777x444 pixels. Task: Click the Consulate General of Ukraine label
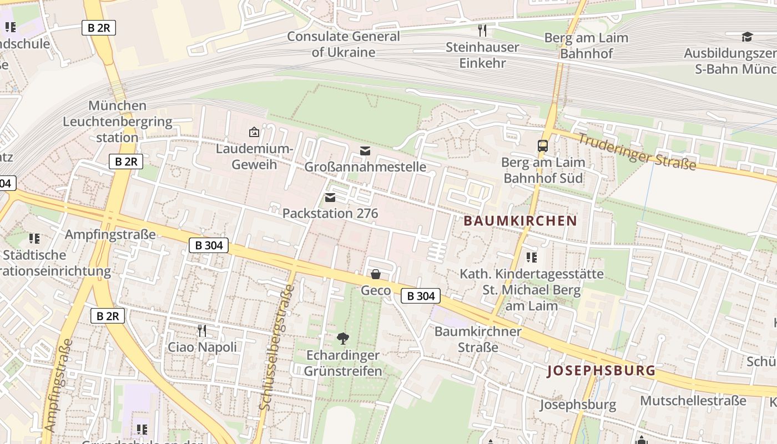pos(343,44)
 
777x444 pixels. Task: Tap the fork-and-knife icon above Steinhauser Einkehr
pos(482,31)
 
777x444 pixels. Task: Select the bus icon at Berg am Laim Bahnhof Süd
pos(543,146)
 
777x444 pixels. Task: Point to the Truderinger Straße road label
pos(637,152)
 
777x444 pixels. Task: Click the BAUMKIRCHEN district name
pos(520,220)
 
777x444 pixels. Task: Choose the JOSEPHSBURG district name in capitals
pos(601,371)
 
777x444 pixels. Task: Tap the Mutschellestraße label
pos(693,400)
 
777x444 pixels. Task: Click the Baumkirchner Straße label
pos(478,339)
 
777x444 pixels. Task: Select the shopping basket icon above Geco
pos(376,274)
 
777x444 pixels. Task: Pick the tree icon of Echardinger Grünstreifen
pos(343,338)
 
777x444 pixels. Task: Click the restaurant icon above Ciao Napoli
pos(202,331)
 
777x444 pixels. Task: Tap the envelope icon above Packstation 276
pos(330,198)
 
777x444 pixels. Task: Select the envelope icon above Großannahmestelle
pos(365,151)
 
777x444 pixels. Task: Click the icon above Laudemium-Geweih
pos(254,132)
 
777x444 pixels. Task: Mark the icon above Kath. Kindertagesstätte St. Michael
pos(532,258)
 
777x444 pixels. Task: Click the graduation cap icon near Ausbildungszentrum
pos(747,37)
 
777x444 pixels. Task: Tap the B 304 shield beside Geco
pos(421,296)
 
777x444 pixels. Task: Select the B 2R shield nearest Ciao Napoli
pos(108,316)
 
